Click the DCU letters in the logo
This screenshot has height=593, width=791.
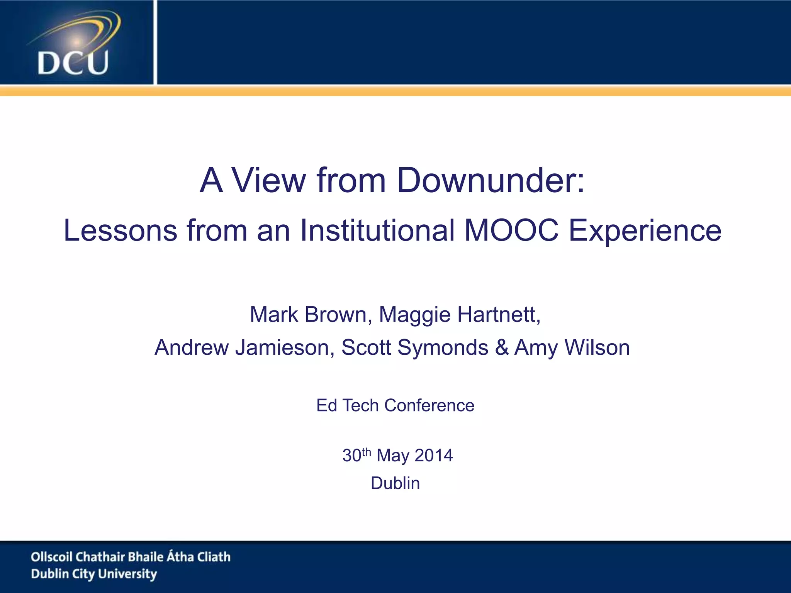pyautogui.click(x=73, y=63)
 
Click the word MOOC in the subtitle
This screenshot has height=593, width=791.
pyautogui.click(x=511, y=230)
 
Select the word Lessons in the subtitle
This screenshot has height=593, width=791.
pyautogui.click(x=120, y=230)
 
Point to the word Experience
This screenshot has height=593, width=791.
pyautogui.click(x=645, y=230)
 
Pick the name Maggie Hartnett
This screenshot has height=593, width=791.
pyautogui.click(x=460, y=314)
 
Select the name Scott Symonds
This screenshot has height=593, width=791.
pyautogui.click(x=415, y=347)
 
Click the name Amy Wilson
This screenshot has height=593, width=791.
pyautogui.click(x=572, y=347)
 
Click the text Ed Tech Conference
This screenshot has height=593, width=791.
pyautogui.click(x=395, y=405)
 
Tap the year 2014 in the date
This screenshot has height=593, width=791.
pyautogui.click(x=434, y=456)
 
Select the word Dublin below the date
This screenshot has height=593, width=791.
pyautogui.click(x=395, y=483)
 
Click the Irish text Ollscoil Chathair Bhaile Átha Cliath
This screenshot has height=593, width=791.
pyautogui.click(x=131, y=557)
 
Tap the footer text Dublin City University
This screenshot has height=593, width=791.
pyautogui.click(x=94, y=574)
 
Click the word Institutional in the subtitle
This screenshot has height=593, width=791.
pyautogui.click(x=377, y=230)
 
